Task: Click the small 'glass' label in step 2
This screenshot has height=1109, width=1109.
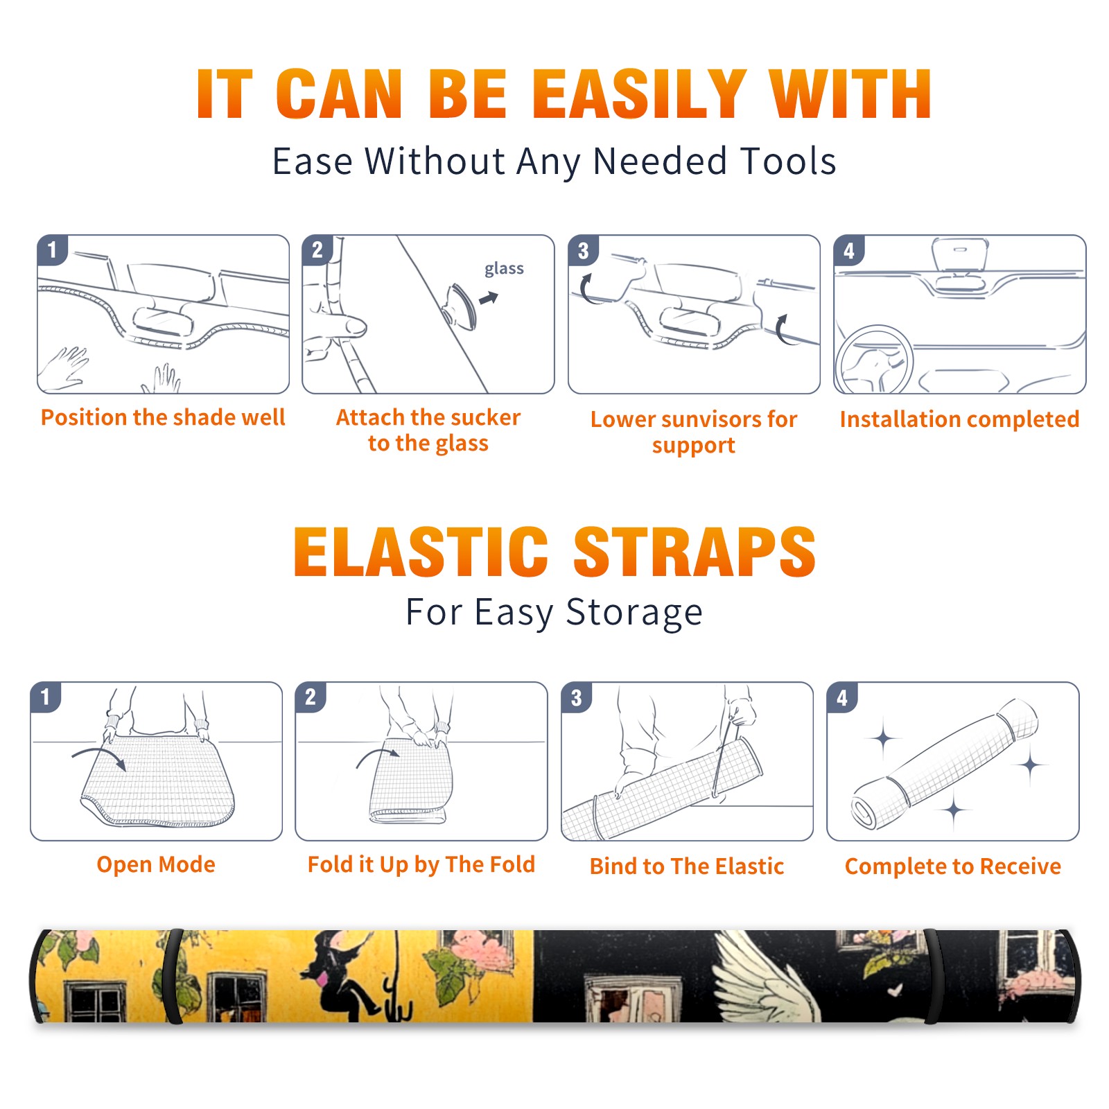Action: pyautogui.click(x=504, y=269)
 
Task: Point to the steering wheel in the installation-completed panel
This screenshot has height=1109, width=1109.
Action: pyautogui.click(x=873, y=360)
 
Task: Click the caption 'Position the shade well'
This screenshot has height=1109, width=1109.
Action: pyautogui.click(x=163, y=417)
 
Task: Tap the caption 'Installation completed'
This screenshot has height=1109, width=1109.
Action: pyautogui.click(x=959, y=419)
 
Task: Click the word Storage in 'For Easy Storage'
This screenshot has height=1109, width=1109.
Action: pyautogui.click(x=634, y=613)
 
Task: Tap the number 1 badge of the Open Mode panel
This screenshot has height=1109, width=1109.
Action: pyautogui.click(x=46, y=697)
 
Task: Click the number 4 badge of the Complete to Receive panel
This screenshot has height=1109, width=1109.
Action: pyautogui.click(x=842, y=697)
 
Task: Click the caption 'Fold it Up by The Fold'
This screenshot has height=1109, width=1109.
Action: pyautogui.click(x=421, y=864)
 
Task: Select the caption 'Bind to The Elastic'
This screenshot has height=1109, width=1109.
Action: pyautogui.click(x=687, y=866)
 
